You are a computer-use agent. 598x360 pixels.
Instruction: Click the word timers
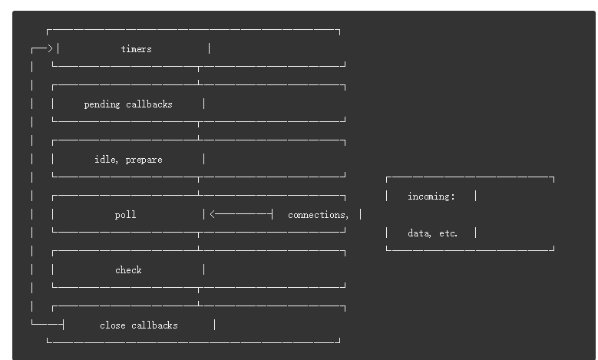click(136, 49)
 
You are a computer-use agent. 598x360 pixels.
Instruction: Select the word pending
click(102, 104)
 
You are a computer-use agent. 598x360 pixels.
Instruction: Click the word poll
click(125, 215)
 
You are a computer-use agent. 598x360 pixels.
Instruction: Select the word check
click(128, 270)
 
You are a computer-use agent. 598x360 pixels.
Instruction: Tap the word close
click(112, 325)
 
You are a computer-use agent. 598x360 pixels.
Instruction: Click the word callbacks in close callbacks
click(154, 325)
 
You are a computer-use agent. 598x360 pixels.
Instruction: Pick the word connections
click(316, 215)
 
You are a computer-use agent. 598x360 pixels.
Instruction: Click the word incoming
click(428, 197)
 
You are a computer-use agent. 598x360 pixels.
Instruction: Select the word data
click(418, 233)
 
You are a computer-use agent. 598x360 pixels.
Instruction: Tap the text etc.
click(448, 233)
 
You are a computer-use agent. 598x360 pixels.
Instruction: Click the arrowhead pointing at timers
click(51, 49)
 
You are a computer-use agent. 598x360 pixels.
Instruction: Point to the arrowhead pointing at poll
click(213, 215)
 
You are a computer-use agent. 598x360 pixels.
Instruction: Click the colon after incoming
click(453, 197)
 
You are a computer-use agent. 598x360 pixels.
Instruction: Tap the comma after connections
click(347, 217)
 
